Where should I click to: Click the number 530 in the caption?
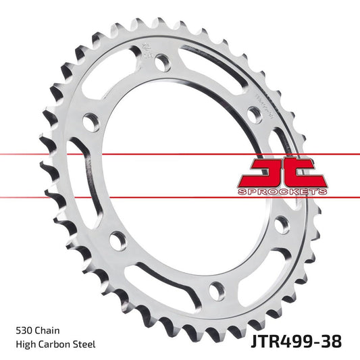point(24,331)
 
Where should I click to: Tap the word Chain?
point(49,331)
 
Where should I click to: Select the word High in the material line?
point(25,344)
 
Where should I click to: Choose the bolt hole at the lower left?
point(118,240)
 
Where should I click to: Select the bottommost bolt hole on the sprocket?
point(215,291)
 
